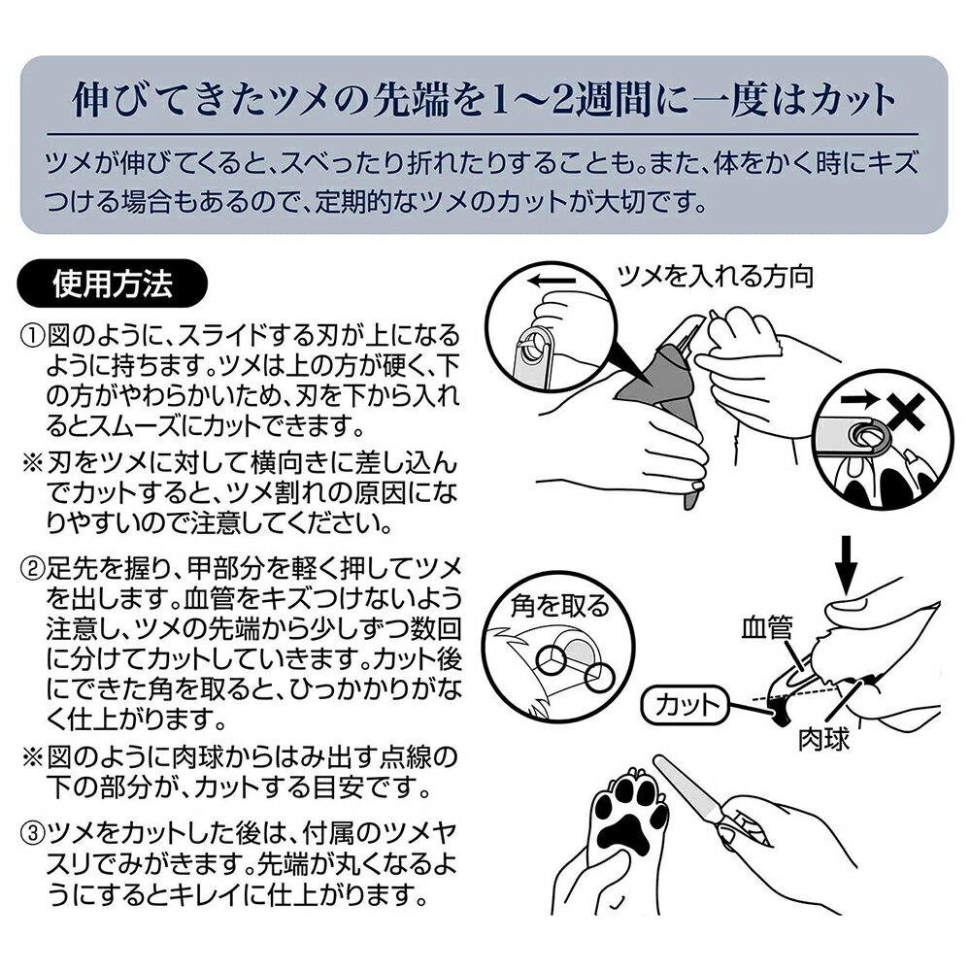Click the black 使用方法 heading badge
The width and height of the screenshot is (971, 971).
tap(112, 284)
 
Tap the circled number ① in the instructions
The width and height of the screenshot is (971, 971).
tap(33, 336)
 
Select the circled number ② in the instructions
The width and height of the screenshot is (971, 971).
tap(33, 567)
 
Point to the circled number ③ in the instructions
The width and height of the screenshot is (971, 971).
tap(33, 834)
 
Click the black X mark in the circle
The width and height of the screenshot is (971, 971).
tap(905, 412)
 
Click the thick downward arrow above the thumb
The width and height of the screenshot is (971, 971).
tap(848, 563)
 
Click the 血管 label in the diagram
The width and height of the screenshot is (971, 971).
tap(767, 628)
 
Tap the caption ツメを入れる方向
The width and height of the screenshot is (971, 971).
tap(716, 276)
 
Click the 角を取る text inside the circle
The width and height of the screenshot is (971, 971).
tap(560, 606)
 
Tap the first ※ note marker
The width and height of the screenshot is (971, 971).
tap(31, 463)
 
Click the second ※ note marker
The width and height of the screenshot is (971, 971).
tap(31, 757)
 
